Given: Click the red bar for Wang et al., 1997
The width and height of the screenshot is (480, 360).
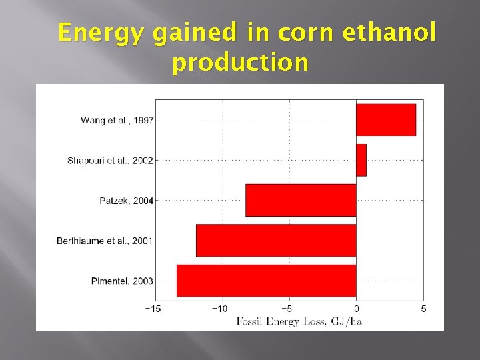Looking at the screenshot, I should (385, 120).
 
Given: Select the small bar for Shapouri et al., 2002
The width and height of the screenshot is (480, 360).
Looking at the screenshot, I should (361, 160).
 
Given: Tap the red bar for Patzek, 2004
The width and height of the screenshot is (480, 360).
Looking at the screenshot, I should (301, 200).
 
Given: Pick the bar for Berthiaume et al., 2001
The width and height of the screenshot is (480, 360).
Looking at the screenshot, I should (276, 240).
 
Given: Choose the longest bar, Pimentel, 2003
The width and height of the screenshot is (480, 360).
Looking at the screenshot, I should (266, 280).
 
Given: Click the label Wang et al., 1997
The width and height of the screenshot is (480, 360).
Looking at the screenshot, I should (117, 121).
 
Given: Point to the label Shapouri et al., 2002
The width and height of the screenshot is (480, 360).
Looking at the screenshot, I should (110, 161).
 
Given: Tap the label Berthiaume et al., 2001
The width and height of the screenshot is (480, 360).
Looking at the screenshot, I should (105, 241).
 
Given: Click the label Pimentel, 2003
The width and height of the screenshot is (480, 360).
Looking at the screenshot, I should (122, 281).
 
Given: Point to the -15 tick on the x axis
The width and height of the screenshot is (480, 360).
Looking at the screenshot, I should (153, 309).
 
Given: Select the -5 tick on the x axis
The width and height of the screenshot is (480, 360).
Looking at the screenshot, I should (287, 309).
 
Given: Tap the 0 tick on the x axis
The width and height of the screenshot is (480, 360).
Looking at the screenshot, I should (356, 309).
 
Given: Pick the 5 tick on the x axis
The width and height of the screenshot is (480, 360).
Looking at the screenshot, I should (424, 309).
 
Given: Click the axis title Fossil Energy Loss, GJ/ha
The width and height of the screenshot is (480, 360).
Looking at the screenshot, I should (299, 321).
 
